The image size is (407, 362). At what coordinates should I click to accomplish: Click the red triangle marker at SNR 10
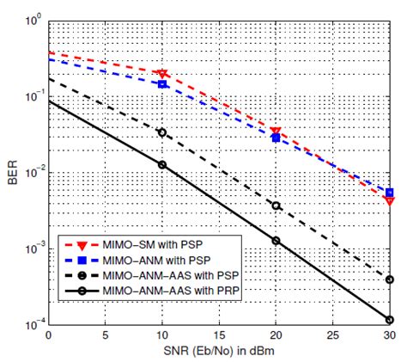click(162, 74)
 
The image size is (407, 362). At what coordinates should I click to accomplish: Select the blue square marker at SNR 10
click(162, 84)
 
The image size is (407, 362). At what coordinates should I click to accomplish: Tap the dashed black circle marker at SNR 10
click(162, 132)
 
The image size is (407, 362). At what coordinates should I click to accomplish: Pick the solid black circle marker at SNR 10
click(162, 164)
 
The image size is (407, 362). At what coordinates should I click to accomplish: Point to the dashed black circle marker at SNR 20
click(276, 206)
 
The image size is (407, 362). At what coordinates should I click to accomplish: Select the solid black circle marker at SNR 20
click(276, 241)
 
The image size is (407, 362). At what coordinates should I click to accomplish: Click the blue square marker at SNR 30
click(389, 193)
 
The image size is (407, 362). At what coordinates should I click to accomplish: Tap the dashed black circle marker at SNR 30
click(389, 279)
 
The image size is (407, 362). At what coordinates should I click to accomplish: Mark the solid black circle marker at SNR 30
click(389, 320)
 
